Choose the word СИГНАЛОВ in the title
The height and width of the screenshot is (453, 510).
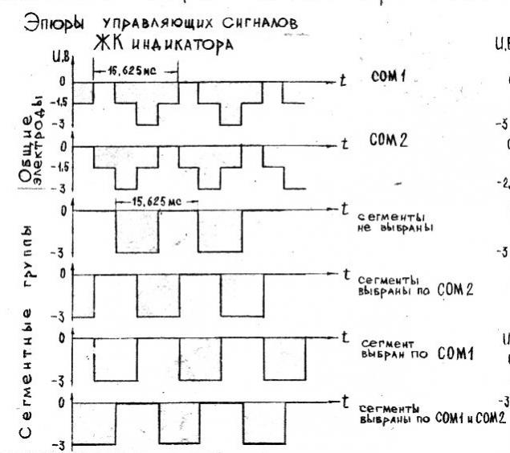[254, 26]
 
